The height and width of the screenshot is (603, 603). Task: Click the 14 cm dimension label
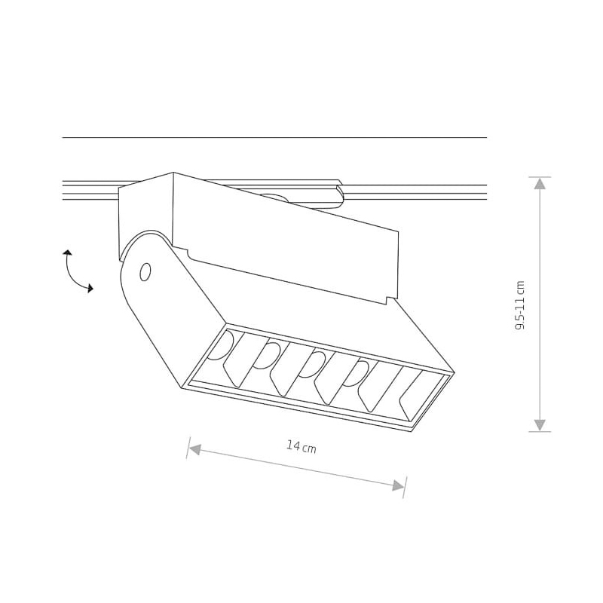[x=301, y=446]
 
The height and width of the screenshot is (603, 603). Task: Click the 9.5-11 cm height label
[x=519, y=305]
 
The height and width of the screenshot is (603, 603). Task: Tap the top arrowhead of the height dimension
[x=540, y=183]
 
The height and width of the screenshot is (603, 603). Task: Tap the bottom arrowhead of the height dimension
[x=540, y=425]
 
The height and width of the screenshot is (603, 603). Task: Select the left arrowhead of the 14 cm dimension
[x=195, y=449]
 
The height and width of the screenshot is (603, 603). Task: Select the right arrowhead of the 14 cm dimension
[x=398, y=485]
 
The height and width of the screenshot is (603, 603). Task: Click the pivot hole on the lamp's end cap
[x=145, y=272]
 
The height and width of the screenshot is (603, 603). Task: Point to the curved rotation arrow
[x=72, y=274]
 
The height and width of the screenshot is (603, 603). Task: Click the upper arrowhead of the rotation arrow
[x=67, y=253]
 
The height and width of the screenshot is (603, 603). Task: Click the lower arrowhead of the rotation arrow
[x=90, y=288]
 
